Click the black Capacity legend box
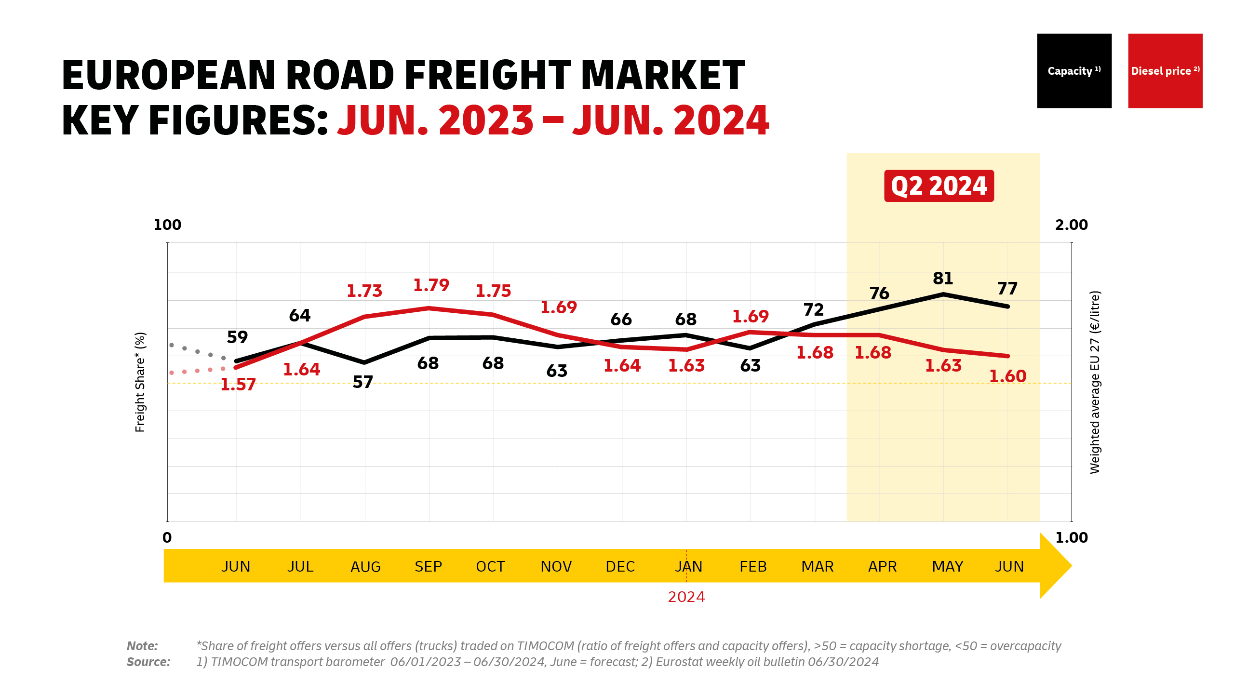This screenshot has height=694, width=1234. point(1074,71)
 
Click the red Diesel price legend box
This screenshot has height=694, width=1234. point(1165,71)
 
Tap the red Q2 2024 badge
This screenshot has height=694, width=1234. point(939,186)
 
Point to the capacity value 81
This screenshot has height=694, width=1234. point(943,279)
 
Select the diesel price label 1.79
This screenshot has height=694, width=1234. point(431,285)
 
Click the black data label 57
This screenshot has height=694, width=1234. point(362,382)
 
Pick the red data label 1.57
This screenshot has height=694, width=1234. point(238,385)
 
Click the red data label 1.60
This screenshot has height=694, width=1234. point(1007,376)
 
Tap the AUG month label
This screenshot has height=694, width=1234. point(365,567)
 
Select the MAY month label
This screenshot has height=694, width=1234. point(947,567)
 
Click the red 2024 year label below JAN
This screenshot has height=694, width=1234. point(686,597)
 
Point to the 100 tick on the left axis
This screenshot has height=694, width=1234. point(167,225)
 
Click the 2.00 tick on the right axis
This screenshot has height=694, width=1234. point(1071,225)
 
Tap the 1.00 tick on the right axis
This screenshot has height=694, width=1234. point(1071,538)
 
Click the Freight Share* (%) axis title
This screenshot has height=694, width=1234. point(140,382)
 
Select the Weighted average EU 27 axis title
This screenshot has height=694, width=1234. point(1095,382)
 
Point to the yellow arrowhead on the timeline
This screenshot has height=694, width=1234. point(1056,566)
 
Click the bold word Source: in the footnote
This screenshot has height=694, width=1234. point(148,662)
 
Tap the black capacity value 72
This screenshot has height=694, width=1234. point(814,310)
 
